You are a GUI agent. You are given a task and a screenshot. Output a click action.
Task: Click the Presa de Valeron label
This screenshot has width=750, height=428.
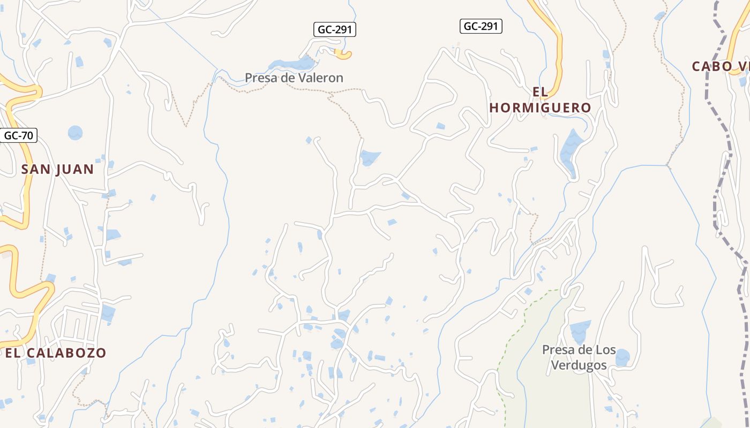[294, 78]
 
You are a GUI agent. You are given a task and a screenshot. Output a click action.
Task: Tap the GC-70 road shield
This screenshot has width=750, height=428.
[18, 135]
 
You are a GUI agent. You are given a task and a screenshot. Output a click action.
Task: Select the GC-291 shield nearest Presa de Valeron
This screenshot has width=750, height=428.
[334, 30]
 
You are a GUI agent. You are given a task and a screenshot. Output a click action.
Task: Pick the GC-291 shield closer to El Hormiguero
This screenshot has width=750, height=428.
[481, 26]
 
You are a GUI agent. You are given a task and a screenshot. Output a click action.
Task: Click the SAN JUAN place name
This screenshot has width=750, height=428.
[57, 170]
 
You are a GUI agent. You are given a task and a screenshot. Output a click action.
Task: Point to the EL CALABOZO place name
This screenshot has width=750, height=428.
[56, 353]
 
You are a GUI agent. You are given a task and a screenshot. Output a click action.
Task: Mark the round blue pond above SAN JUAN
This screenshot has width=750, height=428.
[75, 132]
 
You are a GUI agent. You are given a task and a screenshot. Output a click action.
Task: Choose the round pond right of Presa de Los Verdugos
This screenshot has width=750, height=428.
[622, 357]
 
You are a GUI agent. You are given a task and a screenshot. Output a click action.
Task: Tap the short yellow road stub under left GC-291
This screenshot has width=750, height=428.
[343, 53]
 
